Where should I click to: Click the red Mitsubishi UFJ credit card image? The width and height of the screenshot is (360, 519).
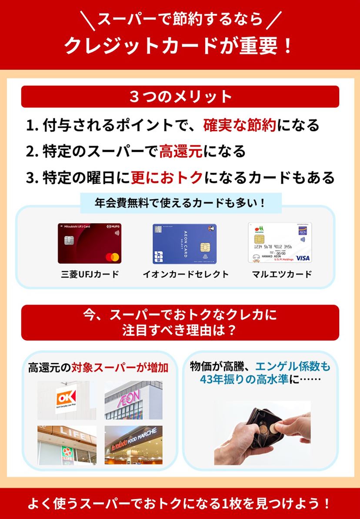[90, 243]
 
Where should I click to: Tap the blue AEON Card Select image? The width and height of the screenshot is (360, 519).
[184, 244]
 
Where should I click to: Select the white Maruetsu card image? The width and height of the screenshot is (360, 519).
[280, 243]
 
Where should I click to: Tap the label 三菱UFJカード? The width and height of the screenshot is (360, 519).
[90, 275]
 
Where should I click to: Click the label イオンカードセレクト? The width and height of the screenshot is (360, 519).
[186, 275]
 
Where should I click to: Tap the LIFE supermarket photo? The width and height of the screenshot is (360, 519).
[67, 445]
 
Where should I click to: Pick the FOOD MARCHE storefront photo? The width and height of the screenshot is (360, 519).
[133, 445]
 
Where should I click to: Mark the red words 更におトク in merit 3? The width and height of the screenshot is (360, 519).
[167, 177]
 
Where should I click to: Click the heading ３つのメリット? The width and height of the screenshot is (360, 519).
[180, 96]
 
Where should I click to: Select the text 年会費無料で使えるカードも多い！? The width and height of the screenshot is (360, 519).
[180, 203]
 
